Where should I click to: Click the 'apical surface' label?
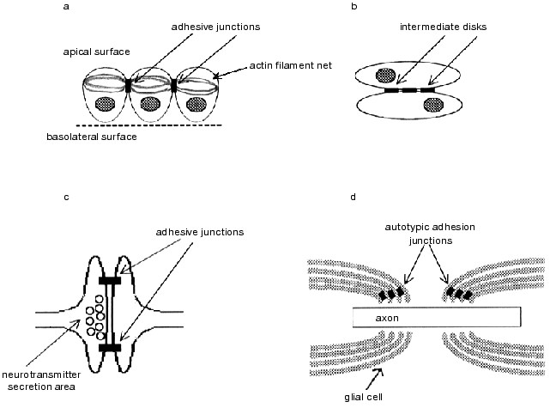88,52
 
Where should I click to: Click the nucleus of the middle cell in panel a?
150,104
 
